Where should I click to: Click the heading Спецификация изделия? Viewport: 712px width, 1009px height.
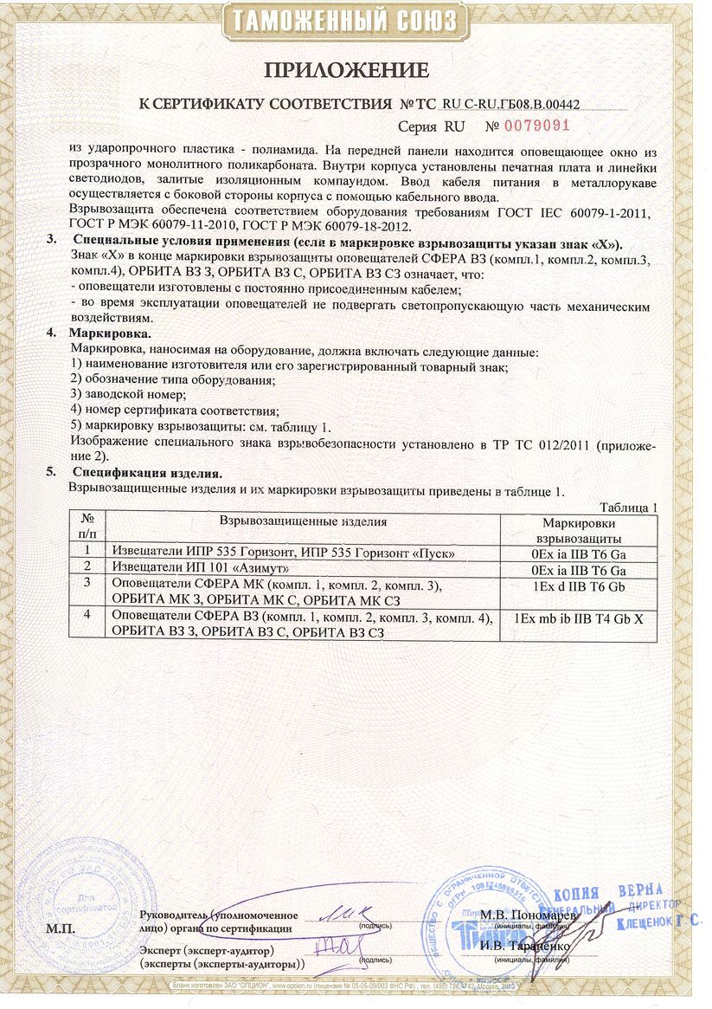(147, 473)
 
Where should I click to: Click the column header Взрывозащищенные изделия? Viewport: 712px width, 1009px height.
(303, 521)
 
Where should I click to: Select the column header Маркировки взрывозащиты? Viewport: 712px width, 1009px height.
(579, 531)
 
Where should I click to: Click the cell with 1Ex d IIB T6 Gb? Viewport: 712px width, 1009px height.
(579, 587)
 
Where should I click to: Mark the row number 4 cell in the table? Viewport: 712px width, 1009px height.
(87, 617)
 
